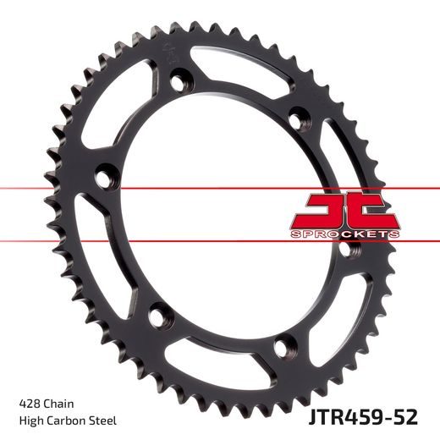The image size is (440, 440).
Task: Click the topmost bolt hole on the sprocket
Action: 179,83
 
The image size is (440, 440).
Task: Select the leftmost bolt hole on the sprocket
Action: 102,178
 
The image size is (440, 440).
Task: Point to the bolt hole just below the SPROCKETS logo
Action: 344,250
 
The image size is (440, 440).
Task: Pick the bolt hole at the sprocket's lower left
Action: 156,317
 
